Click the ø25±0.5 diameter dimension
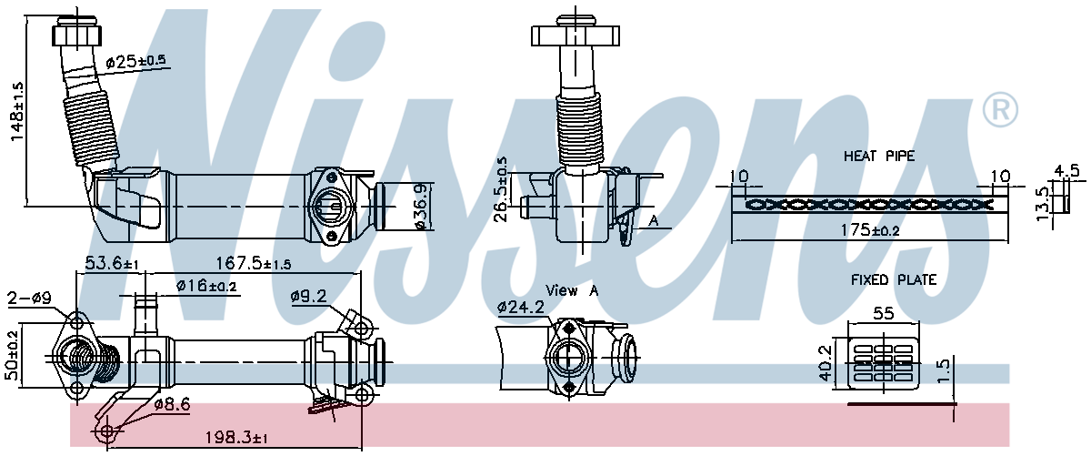136,62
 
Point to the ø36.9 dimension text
419,208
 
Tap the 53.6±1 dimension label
111,264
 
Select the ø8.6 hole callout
171,403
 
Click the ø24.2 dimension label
521,308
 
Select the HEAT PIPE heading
879,157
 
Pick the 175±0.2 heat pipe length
870,230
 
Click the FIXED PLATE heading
894,280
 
